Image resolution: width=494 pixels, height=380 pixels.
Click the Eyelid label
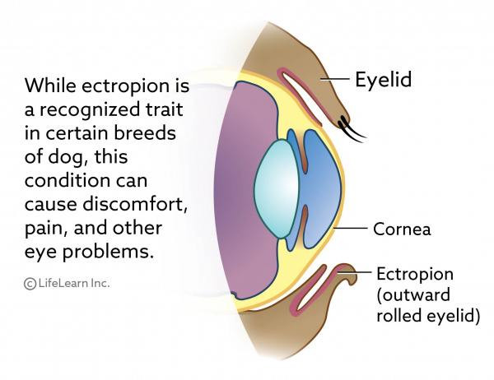click(x=383, y=81)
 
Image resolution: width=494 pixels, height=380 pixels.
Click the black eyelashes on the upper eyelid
click(x=352, y=127)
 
